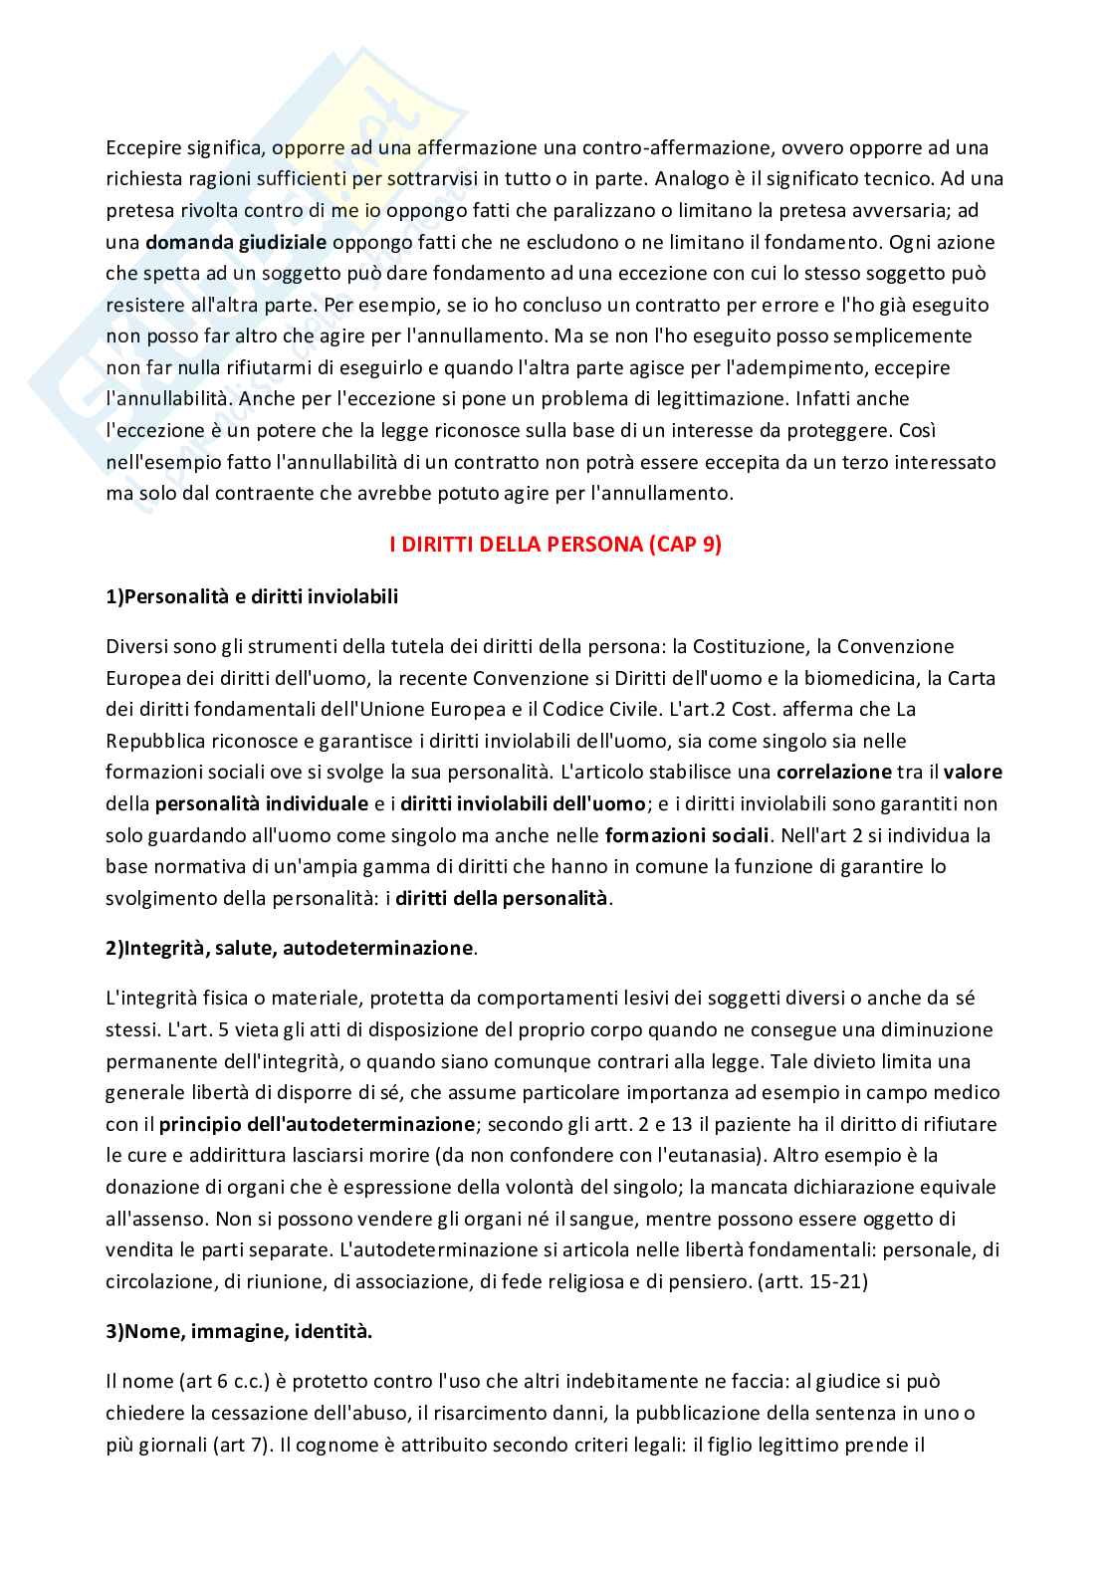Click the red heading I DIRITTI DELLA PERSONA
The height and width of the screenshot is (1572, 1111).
coord(555,546)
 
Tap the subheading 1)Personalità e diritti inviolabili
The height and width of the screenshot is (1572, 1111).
coord(252,596)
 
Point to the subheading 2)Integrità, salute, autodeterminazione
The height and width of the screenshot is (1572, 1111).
coord(290,948)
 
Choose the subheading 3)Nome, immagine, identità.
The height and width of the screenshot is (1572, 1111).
coord(239,1331)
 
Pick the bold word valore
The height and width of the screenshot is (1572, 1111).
coord(973,772)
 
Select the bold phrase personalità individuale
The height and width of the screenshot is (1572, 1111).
coord(262,803)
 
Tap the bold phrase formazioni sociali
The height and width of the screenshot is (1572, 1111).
coord(687,835)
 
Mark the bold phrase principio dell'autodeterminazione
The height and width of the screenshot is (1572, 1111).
coord(317,1124)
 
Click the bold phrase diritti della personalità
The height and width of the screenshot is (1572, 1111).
coord(502,898)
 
